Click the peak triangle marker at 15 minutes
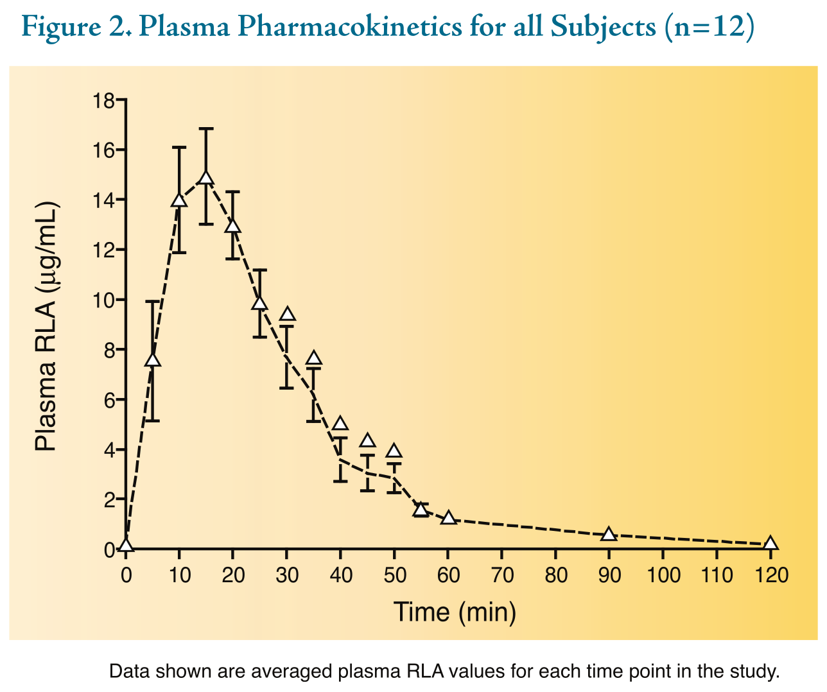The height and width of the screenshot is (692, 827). tap(206, 179)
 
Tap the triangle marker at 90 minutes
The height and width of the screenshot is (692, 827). tap(609, 534)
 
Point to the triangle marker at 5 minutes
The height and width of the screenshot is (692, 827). tap(153, 360)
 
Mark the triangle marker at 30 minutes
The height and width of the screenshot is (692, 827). tap(287, 315)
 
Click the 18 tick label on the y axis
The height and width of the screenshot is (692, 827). tap(103, 101)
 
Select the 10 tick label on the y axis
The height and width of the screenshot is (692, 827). tap(103, 300)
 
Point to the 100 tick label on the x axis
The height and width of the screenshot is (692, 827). tap(663, 575)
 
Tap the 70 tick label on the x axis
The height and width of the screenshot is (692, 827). tap(503, 575)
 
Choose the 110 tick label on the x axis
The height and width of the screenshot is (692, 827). tap(717, 575)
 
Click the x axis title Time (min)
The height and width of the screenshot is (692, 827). tap(455, 612)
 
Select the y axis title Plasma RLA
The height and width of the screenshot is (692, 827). tap(46, 327)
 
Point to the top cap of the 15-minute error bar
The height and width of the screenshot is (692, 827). tap(206, 129)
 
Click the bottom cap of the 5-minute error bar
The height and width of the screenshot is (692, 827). tap(153, 420)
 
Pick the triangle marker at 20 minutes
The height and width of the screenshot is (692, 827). tap(233, 226)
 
